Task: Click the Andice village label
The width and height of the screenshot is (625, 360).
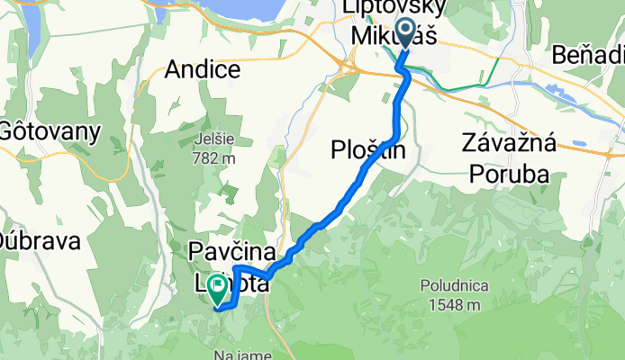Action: pos(203,69)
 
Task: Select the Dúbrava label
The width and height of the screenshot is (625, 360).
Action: pos(40,241)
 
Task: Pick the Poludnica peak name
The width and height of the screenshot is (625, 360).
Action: pos(453,285)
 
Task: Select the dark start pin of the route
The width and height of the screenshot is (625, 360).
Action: pos(403,34)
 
